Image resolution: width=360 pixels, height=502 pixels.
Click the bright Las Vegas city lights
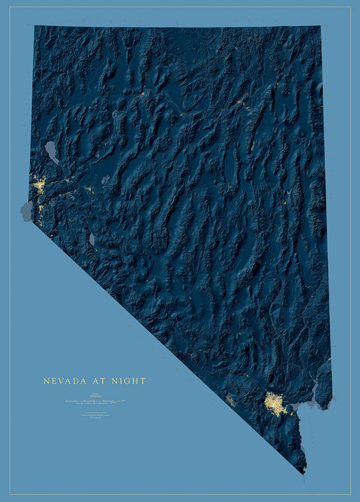tap(275, 403)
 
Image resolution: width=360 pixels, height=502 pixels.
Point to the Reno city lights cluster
tap(39, 187)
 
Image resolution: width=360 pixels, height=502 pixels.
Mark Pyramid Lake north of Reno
tap(51, 152)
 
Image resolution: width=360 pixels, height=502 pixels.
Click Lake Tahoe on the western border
tap(27, 211)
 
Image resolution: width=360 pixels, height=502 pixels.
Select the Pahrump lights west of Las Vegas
tap(231, 400)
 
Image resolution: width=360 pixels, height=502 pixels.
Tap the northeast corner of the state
tap(320, 27)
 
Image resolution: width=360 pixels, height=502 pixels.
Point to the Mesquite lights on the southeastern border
tap(328, 359)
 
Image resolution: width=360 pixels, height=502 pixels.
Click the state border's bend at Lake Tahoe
tap(32, 221)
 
